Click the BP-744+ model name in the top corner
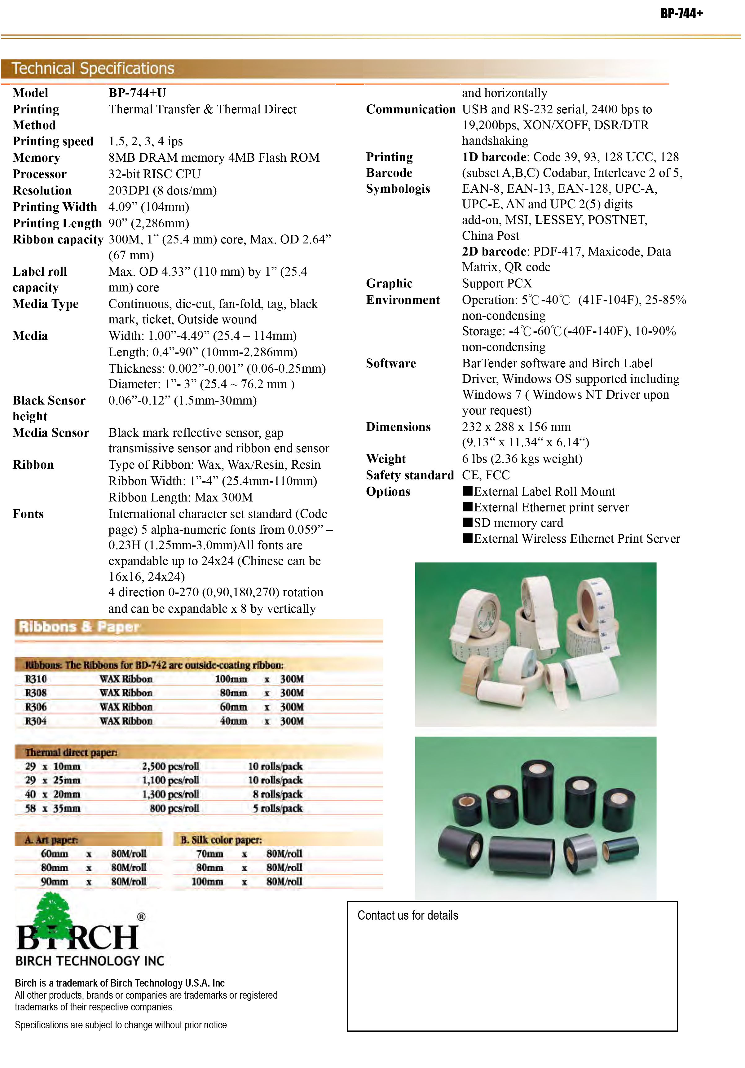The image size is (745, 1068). pyautogui.click(x=681, y=14)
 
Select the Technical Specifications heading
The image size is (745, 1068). pyautogui.click(x=93, y=68)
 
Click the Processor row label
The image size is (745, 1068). pyautogui.click(x=40, y=174)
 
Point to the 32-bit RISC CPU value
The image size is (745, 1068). pyautogui.click(x=155, y=174)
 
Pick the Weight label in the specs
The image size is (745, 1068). pyautogui.click(x=386, y=459)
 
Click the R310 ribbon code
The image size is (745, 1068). pyautogui.click(x=36, y=679)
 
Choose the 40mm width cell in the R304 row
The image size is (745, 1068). pyautogui.click(x=233, y=721)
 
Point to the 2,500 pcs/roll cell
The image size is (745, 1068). pyautogui.click(x=170, y=766)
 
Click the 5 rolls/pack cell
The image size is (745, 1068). pyautogui.click(x=277, y=808)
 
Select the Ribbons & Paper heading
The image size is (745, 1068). pyautogui.click(x=79, y=627)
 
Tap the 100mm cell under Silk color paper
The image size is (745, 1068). pyautogui.click(x=207, y=882)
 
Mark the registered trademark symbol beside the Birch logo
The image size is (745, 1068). pyautogui.click(x=141, y=917)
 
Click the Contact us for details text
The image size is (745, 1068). pyautogui.click(x=408, y=915)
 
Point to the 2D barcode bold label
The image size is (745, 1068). pyautogui.click(x=494, y=252)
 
